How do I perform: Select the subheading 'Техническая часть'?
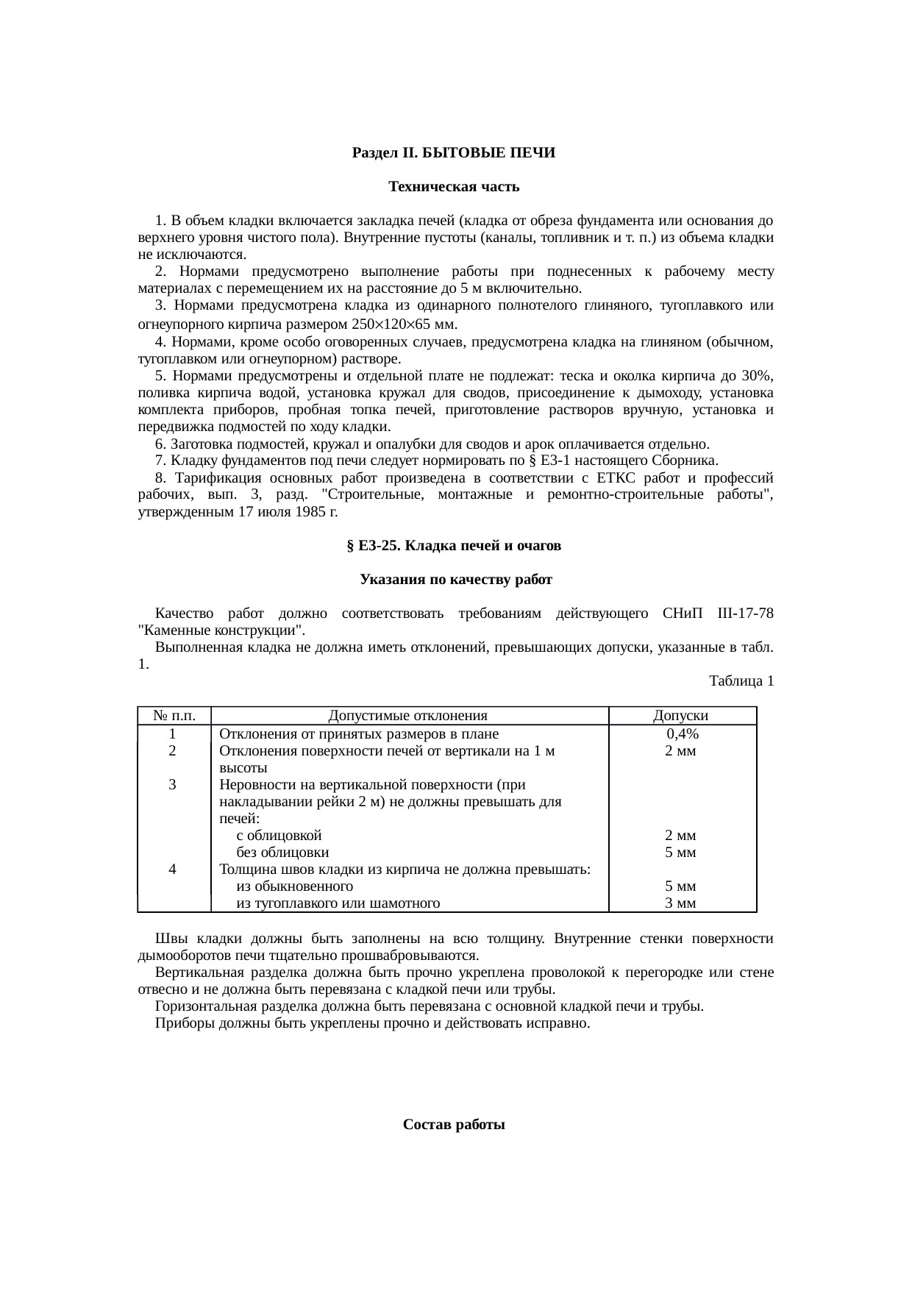pyautogui.click(x=454, y=187)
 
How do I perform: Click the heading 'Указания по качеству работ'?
pyautogui.click(x=456, y=580)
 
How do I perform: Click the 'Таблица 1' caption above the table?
pyautogui.click(x=741, y=681)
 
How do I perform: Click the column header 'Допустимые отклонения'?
pyautogui.click(x=407, y=716)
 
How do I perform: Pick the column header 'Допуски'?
pyautogui.click(x=681, y=716)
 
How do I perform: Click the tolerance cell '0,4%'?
pyautogui.click(x=683, y=734)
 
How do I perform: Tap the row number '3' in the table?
pyautogui.click(x=172, y=785)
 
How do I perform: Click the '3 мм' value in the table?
pyautogui.click(x=680, y=903)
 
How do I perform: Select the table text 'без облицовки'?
pyautogui.click(x=282, y=853)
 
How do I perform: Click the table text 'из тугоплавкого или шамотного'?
pyautogui.click(x=338, y=903)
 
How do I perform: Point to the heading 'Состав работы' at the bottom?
pyautogui.click(x=454, y=1125)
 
